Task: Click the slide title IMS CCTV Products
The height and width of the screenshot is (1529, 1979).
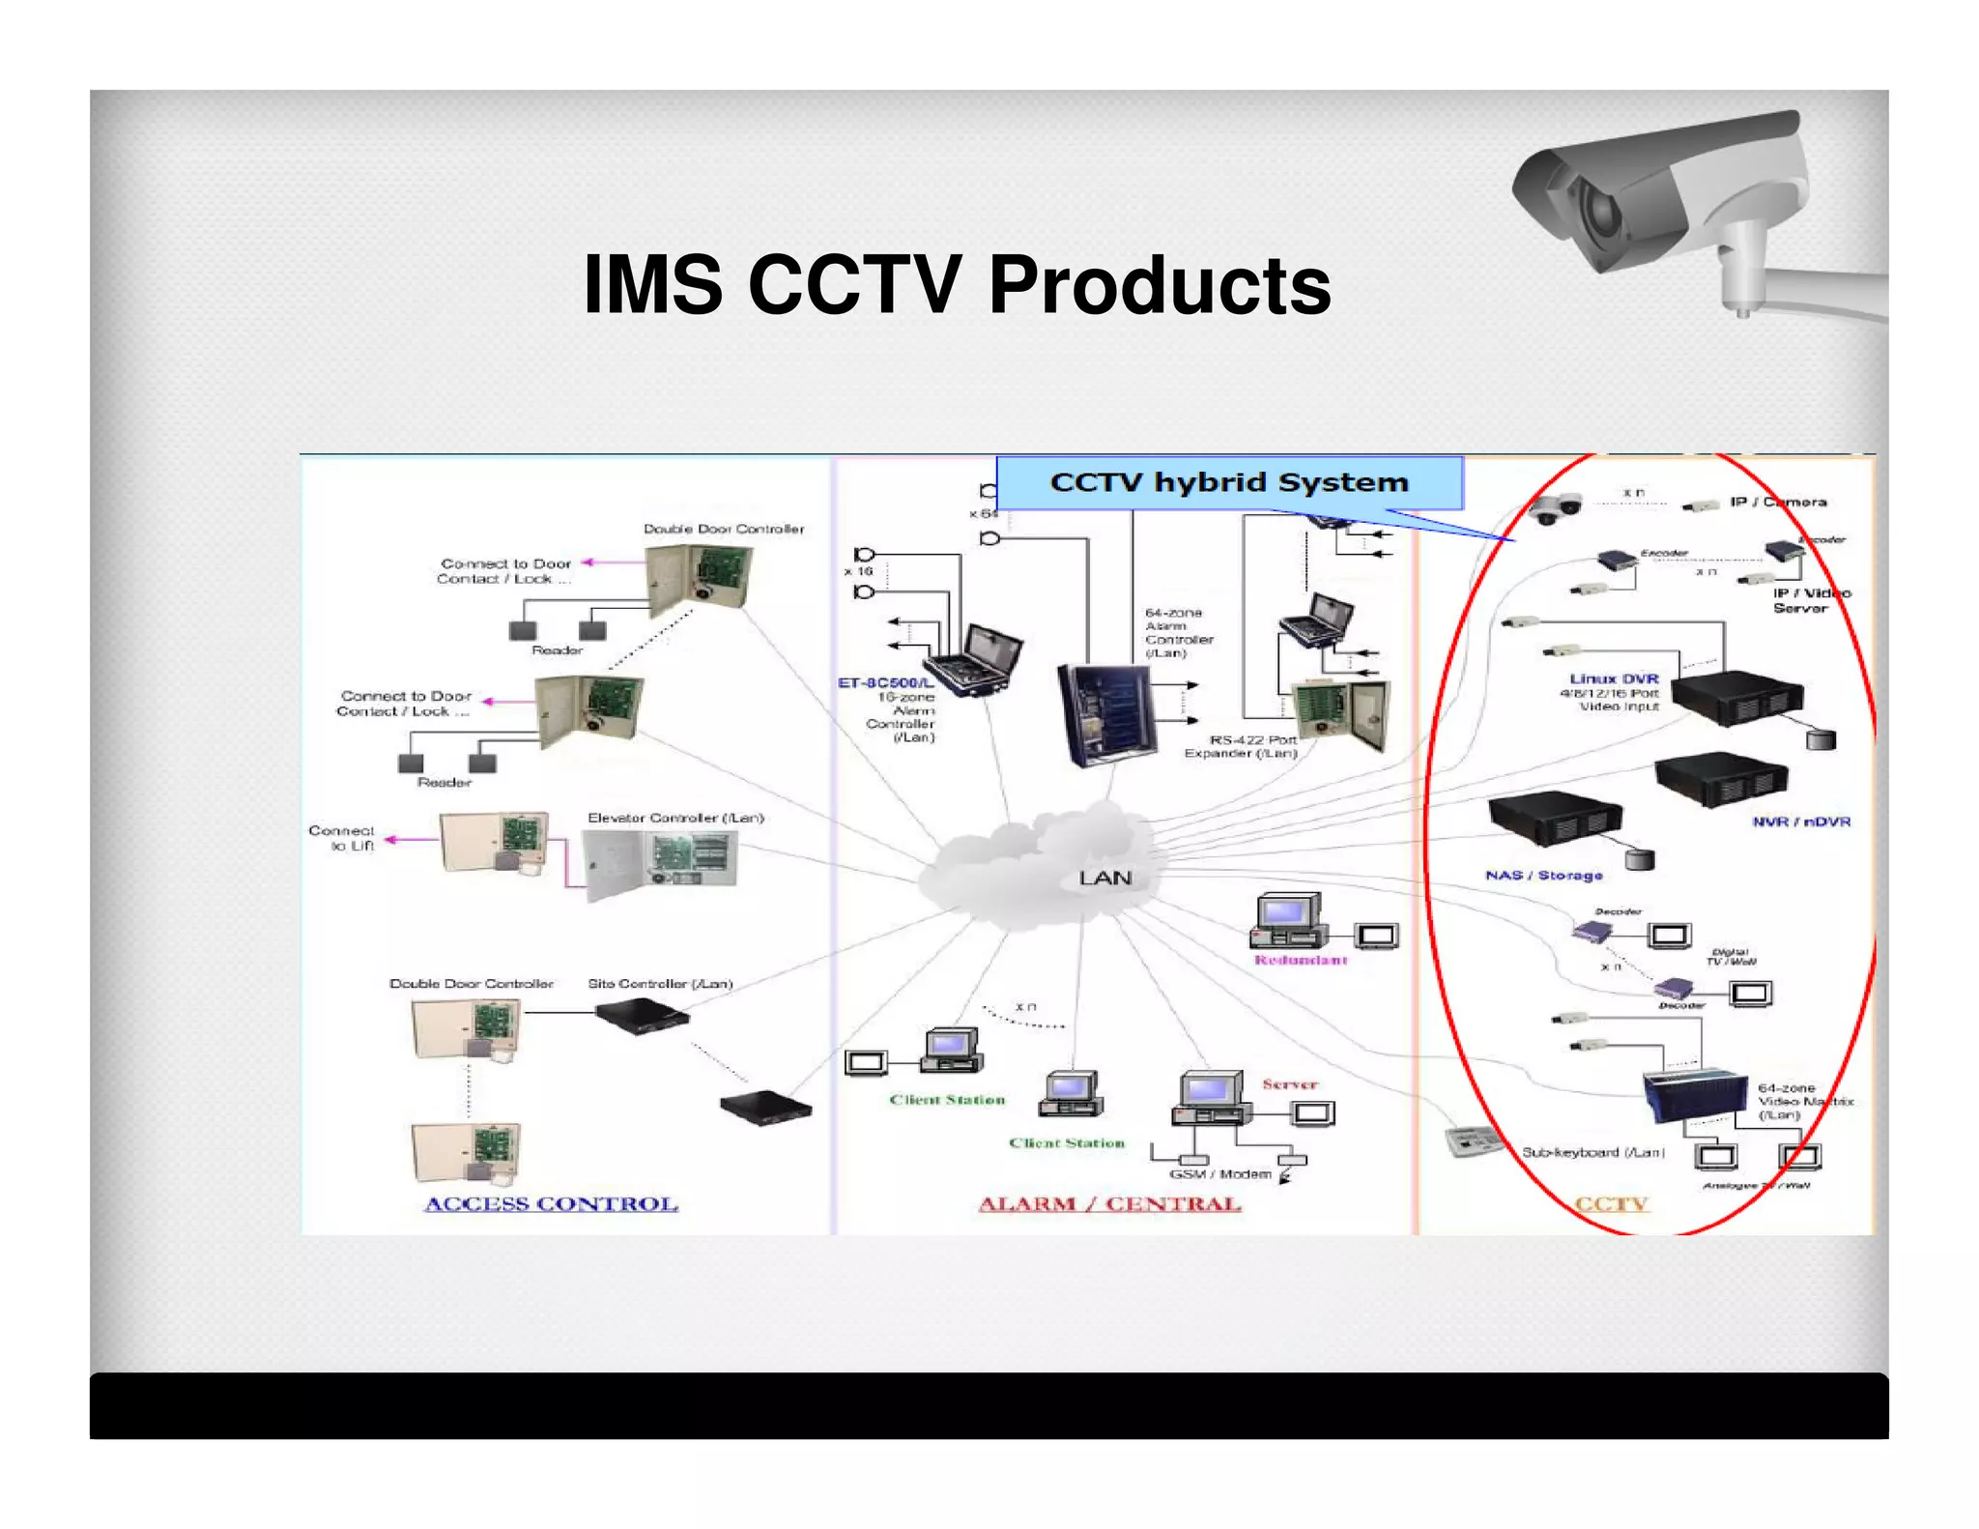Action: [957, 285]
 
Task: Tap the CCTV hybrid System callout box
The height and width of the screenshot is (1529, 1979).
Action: [1228, 482]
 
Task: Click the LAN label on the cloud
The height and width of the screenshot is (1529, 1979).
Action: [1104, 878]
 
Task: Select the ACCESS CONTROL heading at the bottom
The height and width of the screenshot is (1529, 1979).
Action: [551, 1204]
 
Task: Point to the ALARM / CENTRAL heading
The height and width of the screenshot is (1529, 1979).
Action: [1109, 1204]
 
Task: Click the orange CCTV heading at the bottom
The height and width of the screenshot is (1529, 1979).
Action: [1611, 1204]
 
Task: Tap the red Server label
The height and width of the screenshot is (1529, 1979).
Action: [1289, 1084]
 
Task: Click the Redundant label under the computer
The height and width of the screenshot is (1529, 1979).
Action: [1301, 960]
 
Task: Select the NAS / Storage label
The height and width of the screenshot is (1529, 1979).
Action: [1543, 875]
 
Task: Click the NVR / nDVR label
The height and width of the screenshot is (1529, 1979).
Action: [1801, 822]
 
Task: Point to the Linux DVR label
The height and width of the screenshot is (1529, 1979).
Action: [1614, 678]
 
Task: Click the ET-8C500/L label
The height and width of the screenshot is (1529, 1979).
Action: [885, 683]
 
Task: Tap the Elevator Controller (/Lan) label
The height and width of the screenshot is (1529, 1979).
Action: [675, 818]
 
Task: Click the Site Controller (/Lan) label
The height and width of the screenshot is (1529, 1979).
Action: [660, 983]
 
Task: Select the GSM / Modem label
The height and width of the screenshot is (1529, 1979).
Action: [1219, 1174]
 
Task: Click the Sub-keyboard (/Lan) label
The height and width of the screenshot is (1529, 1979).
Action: [1592, 1152]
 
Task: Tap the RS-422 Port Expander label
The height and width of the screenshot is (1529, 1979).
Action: [1242, 746]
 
